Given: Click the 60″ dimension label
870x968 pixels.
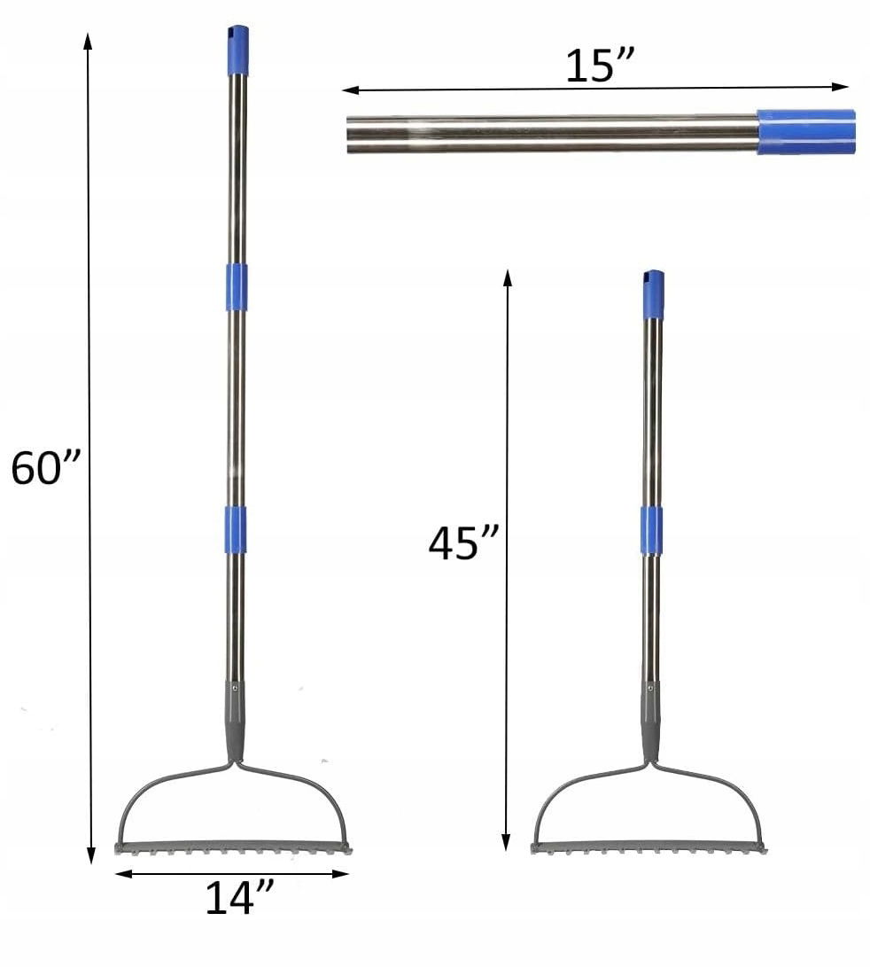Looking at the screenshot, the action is click(x=46, y=467).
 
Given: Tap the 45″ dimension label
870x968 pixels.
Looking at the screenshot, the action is click(x=463, y=543).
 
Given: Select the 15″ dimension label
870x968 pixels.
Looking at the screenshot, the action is click(x=600, y=66).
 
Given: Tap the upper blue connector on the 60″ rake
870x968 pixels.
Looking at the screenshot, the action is click(x=237, y=287).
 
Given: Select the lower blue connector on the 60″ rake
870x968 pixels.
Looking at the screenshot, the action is click(x=235, y=528).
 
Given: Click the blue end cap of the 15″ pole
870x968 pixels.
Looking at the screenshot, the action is click(x=806, y=131).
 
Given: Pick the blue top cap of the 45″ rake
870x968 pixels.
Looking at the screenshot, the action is click(x=654, y=294).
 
